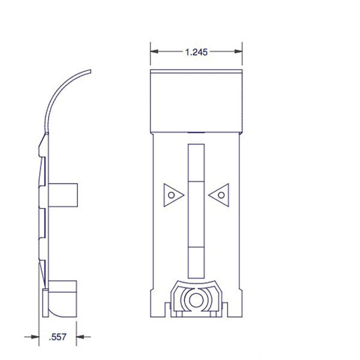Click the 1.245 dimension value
pos(196,52)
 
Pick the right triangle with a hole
pos(221,194)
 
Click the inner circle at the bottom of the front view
pos(196,298)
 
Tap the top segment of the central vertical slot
pos(196,162)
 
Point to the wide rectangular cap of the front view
pos(196,100)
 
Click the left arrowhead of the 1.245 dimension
pos(153,52)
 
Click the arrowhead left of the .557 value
pos(35,337)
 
